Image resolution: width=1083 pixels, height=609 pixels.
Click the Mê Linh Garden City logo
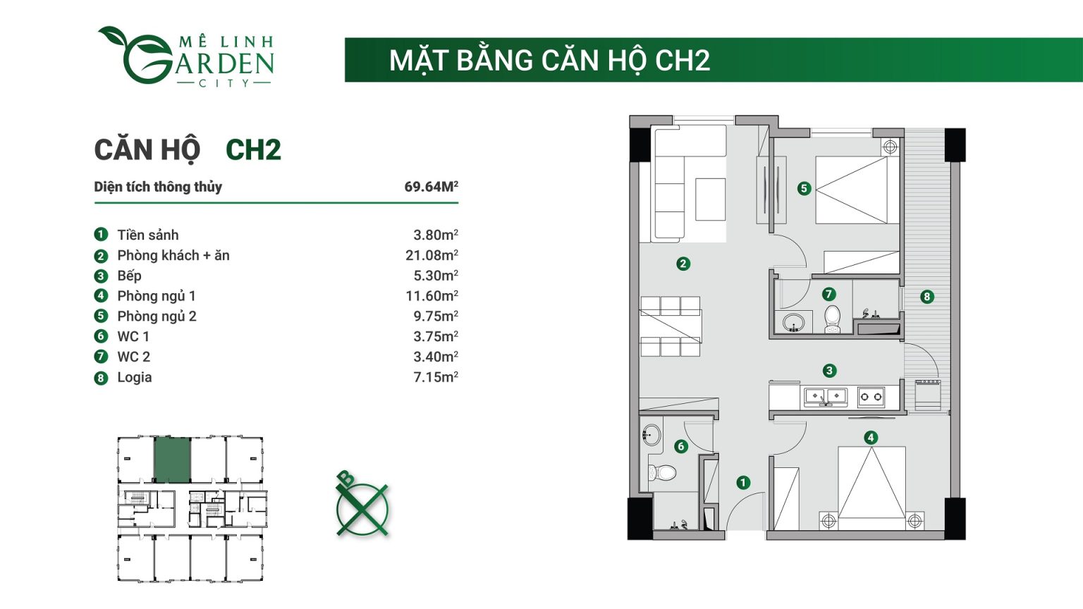coord(186,57)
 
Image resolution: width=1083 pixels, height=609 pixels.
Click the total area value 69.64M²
coord(431,187)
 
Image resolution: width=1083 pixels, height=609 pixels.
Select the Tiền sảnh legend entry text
coord(148,235)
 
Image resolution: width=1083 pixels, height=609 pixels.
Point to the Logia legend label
coord(135,377)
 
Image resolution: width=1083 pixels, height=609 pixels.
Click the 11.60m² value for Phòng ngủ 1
coord(432,296)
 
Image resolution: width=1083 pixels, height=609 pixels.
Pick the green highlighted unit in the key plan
coord(172,460)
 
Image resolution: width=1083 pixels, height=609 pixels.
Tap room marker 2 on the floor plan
coord(683,264)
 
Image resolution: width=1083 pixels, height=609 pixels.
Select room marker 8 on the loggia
coord(927,297)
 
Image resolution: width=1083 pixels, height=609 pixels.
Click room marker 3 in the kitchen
coord(829,370)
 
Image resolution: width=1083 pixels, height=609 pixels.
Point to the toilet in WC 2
coord(833,319)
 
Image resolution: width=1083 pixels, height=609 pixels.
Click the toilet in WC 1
coord(662,472)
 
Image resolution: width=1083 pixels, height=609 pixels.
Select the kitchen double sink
coord(825,397)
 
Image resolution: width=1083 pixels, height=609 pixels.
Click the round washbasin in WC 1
coord(652,435)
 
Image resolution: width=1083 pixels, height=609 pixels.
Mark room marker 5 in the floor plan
coord(804,188)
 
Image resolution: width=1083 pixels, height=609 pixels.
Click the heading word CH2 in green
coord(253,150)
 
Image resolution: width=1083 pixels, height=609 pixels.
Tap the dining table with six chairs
coord(671,326)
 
